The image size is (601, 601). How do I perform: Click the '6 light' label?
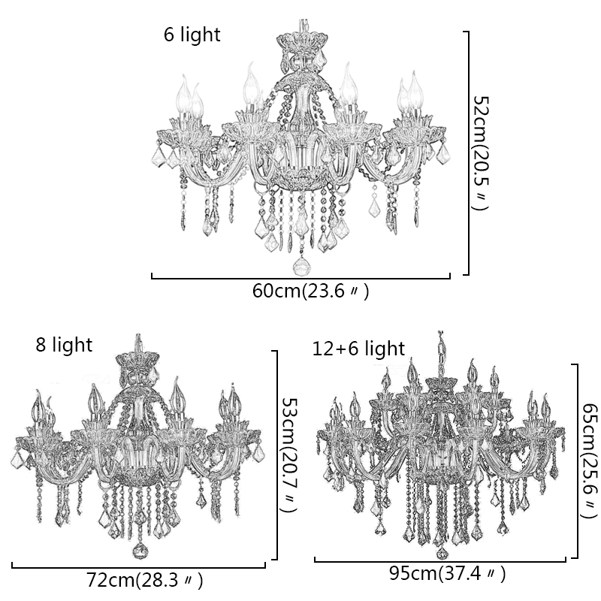[192, 35]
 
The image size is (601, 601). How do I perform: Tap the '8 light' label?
[64, 345]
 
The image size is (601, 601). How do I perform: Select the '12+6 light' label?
[359, 349]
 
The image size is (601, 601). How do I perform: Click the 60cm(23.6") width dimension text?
[310, 291]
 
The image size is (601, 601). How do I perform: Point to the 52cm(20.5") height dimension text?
[481, 153]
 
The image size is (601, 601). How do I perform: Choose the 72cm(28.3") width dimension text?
[144, 580]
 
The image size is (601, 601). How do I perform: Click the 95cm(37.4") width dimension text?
[448, 573]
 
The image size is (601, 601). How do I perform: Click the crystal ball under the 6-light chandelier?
[301, 267]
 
